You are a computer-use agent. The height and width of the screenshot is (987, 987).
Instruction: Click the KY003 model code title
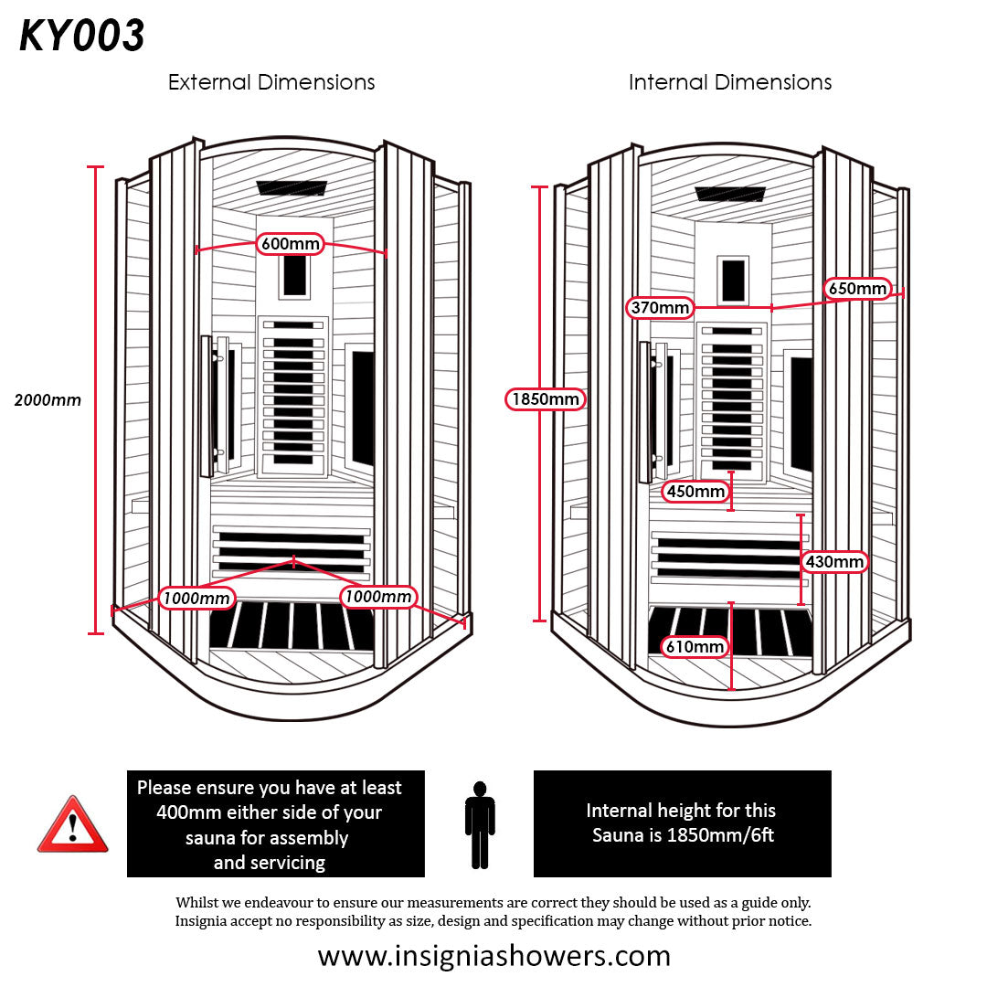82,37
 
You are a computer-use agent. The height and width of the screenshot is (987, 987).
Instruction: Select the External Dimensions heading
271,82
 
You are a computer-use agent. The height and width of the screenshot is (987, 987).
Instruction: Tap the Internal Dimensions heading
730,82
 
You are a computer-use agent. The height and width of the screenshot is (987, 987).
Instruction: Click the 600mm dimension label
291,244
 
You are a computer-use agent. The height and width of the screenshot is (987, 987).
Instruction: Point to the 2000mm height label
48,399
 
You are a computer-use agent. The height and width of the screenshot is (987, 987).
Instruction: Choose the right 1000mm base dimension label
378,597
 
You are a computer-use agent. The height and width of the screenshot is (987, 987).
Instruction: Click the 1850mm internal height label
546,399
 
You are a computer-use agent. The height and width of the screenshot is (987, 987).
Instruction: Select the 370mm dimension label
660,308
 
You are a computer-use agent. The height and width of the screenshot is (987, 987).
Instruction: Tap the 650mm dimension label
858,289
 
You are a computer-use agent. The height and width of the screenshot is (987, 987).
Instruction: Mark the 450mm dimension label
695,492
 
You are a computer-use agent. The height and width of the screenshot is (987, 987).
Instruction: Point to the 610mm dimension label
695,648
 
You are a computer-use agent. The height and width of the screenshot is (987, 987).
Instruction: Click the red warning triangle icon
72,824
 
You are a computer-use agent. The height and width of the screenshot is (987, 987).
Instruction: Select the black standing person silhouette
480,824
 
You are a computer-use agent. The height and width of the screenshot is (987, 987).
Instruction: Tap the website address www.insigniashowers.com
493,956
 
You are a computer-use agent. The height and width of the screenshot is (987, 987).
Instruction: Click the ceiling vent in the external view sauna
291,187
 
